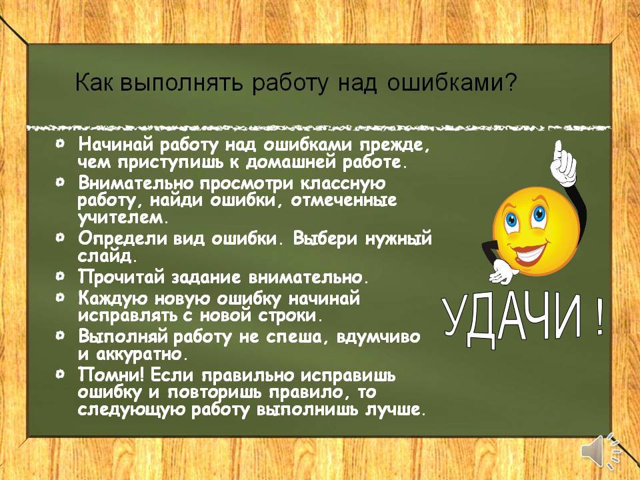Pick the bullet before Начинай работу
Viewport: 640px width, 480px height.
61,143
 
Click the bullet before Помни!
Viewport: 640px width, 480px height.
61,373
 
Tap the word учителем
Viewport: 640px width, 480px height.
123,219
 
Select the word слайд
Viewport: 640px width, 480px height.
107,256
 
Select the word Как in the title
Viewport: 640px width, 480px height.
95,83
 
